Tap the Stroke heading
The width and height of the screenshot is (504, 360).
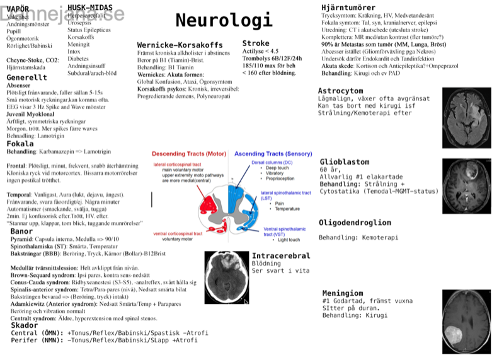click(256, 44)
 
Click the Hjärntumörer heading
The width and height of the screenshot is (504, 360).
click(349, 7)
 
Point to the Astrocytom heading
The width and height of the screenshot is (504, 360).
click(340, 91)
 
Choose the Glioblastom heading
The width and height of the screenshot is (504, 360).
click(345, 162)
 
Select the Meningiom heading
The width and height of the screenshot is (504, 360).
click(343, 294)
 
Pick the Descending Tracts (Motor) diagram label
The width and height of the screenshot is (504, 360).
click(189, 154)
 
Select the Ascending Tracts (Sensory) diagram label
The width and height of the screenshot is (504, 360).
click(273, 154)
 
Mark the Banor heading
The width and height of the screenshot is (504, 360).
click(21, 231)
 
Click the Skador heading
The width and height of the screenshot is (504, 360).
click(24, 325)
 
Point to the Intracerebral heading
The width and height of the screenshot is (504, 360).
click(281, 256)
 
